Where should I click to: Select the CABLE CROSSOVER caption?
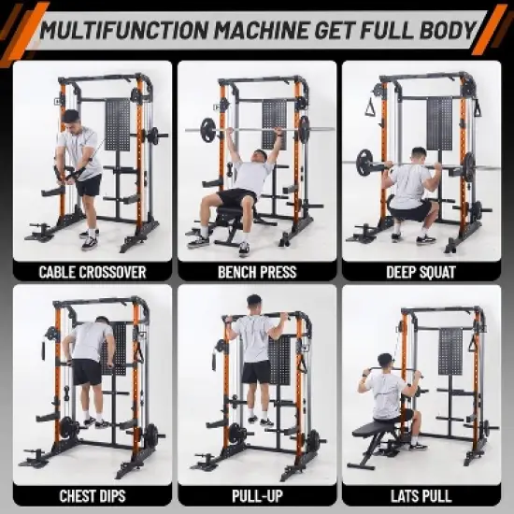pos(92,273)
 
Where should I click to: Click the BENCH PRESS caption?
pos(256,273)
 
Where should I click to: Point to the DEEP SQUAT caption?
pos(421,273)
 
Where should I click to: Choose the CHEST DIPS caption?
pos(92,495)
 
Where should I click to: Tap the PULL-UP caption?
pos(256,495)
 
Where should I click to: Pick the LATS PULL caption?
pos(421,495)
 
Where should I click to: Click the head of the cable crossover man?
pos(71,118)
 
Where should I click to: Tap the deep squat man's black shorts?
pos(410,209)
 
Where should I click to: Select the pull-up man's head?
pos(252,304)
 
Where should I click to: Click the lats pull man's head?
pos(384,362)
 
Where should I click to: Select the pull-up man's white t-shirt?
pos(254,337)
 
